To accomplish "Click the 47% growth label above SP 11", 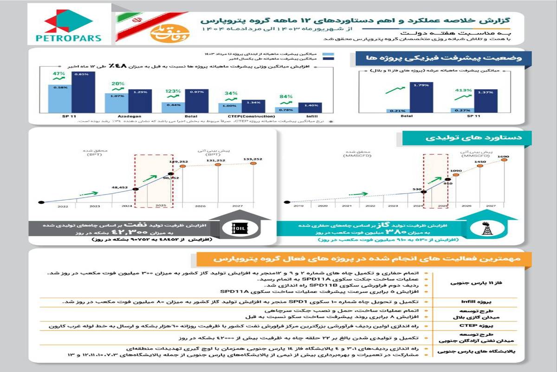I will pos(59,74).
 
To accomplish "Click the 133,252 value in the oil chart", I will pos(253,159).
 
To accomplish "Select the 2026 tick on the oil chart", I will pos(201,206).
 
